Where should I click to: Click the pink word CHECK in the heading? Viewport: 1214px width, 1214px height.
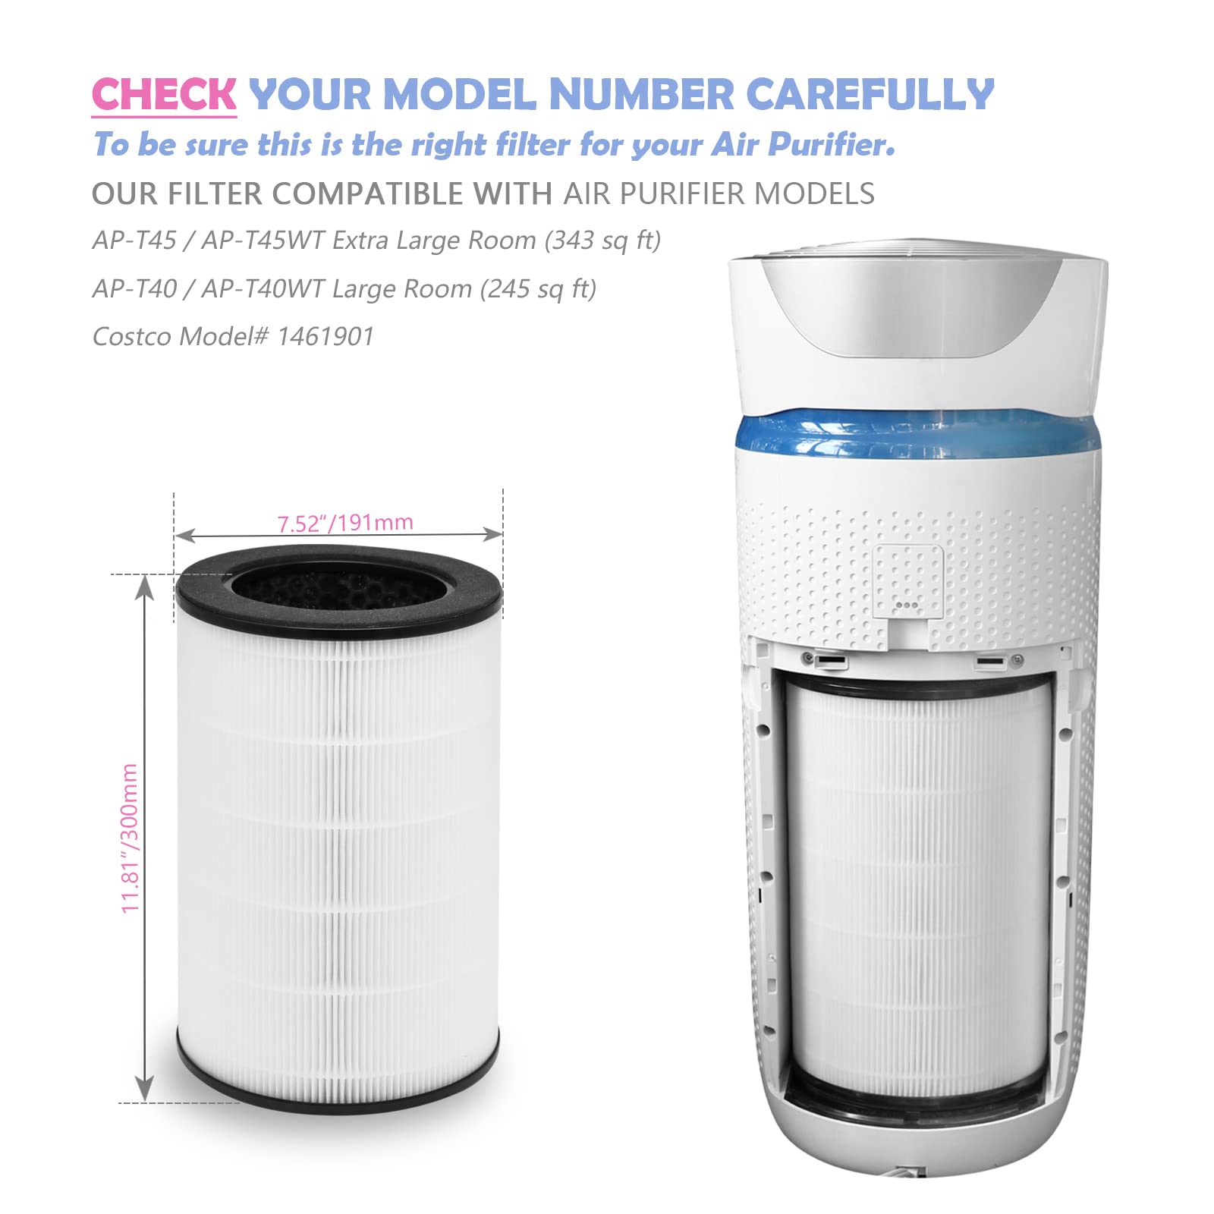(164, 95)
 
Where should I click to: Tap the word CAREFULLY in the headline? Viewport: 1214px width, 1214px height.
(870, 95)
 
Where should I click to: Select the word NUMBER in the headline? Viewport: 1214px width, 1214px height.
(641, 95)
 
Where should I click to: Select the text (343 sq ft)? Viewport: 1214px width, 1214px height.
(602, 241)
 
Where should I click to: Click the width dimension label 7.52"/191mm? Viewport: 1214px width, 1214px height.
(345, 523)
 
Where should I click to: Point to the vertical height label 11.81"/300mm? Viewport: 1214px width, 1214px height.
(131, 838)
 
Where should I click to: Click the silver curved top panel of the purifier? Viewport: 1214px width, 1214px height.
(910, 311)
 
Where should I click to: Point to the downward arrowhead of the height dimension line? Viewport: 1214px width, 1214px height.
(144, 1090)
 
